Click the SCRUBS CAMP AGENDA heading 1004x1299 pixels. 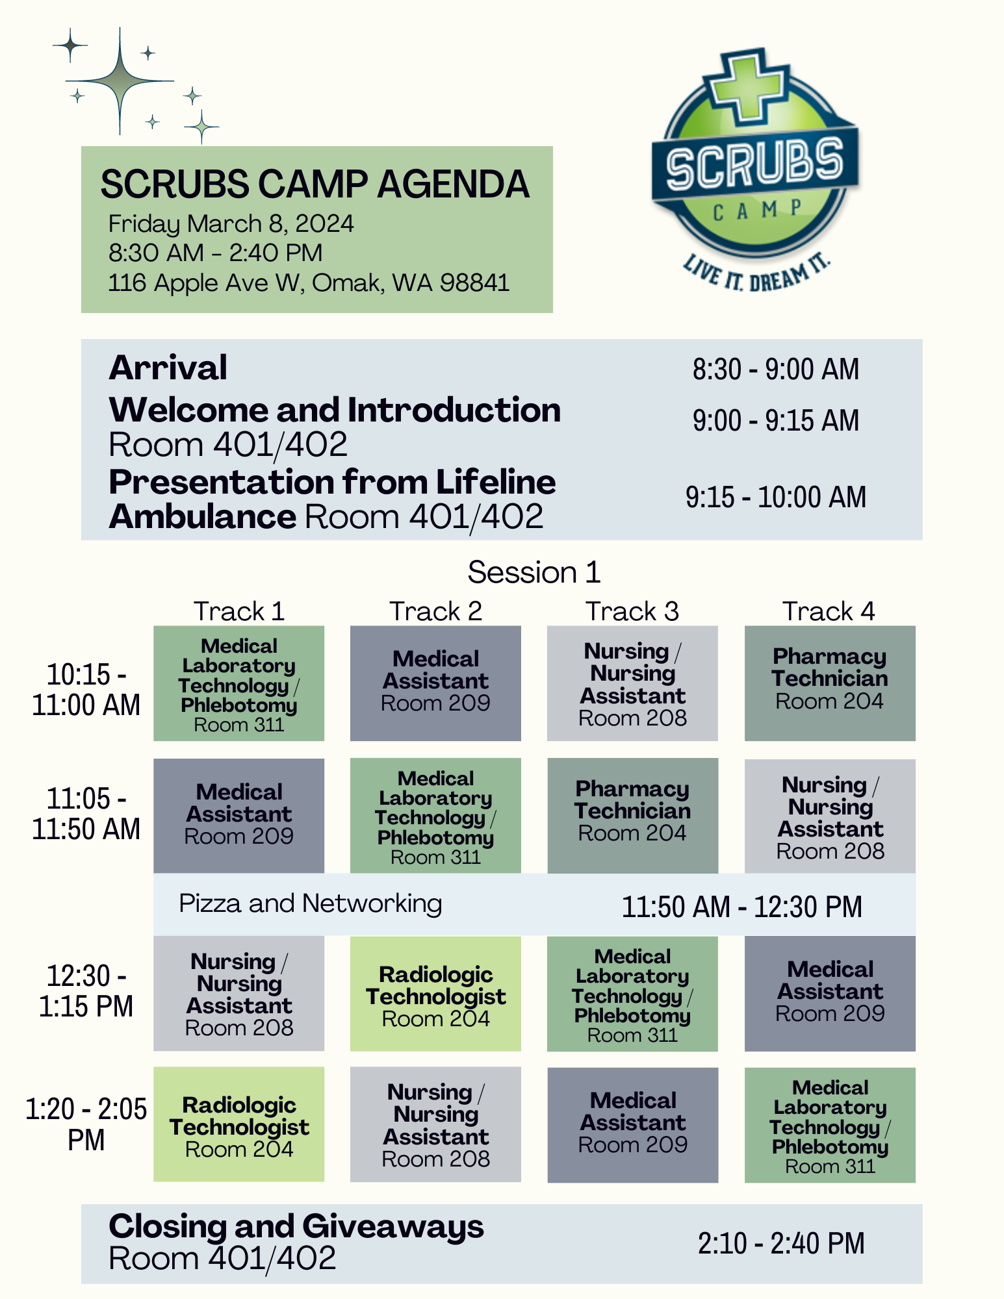(315, 184)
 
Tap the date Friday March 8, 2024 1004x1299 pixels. (231, 224)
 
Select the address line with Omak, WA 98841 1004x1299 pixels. (309, 283)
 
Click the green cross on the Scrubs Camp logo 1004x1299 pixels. (746, 85)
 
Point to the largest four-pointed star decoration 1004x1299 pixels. (120, 81)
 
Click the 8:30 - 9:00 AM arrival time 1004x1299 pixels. (776, 369)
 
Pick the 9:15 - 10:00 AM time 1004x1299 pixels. (776, 497)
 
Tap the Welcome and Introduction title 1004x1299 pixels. (335, 410)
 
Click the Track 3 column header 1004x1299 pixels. (632, 611)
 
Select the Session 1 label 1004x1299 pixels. (534, 572)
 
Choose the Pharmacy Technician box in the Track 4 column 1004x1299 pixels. (830, 683)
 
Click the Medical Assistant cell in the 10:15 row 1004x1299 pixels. (435, 683)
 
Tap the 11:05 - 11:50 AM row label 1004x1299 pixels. (86, 814)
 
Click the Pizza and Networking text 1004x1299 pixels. (311, 903)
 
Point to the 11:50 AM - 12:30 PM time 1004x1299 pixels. (742, 907)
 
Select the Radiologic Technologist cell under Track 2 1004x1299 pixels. (435, 994)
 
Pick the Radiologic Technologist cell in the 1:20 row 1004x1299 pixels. (238, 1124)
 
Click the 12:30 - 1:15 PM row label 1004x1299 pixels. (86, 991)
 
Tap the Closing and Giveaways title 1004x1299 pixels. (296, 1226)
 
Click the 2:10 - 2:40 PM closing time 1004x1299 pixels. (781, 1243)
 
